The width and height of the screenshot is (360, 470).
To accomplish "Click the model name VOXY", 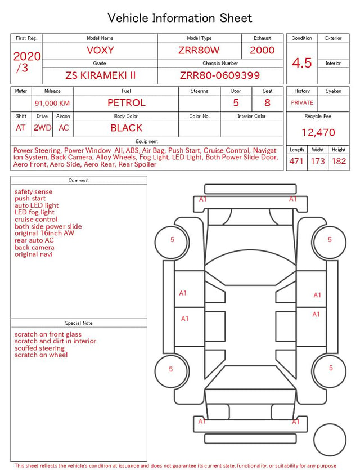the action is point(100,50).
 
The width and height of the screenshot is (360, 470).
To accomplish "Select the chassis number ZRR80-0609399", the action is point(220,75).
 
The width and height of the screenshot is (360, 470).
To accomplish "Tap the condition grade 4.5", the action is point(302,63).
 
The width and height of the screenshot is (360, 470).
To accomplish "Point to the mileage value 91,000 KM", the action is point(52,104).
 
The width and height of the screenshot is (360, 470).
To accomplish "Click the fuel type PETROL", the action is point(127,103).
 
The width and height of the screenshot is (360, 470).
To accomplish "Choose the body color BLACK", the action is point(127,128).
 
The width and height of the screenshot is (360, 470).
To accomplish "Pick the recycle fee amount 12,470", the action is point(318,132).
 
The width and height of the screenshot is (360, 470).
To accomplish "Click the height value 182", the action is point(339,161).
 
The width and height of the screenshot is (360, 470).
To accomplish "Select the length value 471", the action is point(296,161).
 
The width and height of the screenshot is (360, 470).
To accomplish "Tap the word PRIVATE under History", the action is point(302,102).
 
